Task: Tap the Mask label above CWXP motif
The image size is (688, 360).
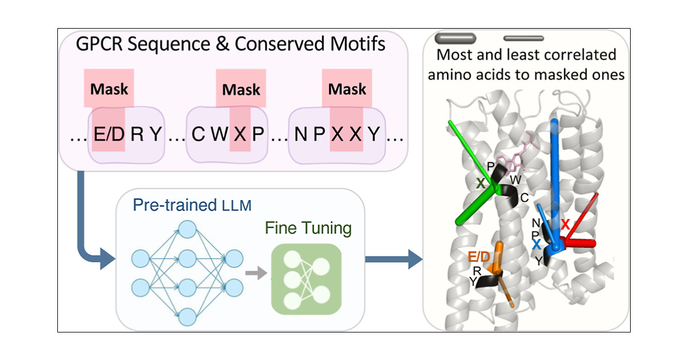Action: coord(241,89)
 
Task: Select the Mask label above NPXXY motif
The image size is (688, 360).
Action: coord(347,89)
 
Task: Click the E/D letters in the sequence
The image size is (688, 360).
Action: coord(106,136)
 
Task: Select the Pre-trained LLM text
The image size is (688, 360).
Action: coord(191,205)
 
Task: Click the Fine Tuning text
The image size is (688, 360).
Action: coord(308,228)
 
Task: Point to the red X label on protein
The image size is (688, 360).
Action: coord(565,225)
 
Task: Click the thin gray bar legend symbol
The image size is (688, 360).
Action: coord(523,39)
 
